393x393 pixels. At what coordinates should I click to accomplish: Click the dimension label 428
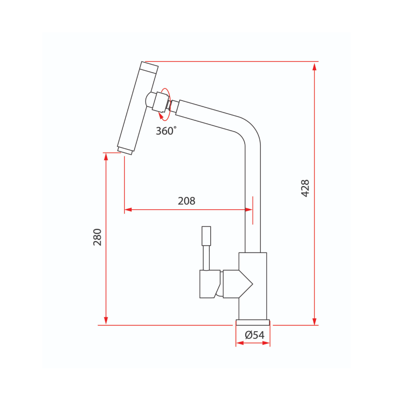[305, 188]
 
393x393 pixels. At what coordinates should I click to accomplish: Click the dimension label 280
[97, 237]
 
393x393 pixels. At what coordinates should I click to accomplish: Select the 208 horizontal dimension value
[187, 201]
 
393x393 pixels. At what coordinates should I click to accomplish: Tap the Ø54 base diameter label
[254, 335]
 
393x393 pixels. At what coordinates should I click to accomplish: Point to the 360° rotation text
[166, 131]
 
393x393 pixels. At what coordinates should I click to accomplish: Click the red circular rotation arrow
[165, 103]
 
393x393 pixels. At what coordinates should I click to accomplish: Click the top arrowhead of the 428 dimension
[314, 66]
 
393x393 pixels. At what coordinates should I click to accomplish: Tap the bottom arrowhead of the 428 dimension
[314, 321]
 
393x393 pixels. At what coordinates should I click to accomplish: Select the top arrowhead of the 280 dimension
[106, 157]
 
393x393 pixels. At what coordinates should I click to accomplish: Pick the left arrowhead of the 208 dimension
[128, 210]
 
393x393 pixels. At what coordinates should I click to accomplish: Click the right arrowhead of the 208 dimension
[249, 210]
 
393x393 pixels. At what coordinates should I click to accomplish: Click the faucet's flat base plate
[253, 322]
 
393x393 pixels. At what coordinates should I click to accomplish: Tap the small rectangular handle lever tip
[206, 236]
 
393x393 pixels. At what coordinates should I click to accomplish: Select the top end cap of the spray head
[149, 67]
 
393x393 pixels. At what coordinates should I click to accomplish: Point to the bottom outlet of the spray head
[125, 150]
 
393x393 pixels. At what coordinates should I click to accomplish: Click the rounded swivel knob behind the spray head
[149, 100]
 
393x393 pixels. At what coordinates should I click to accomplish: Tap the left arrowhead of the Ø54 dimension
[239, 343]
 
